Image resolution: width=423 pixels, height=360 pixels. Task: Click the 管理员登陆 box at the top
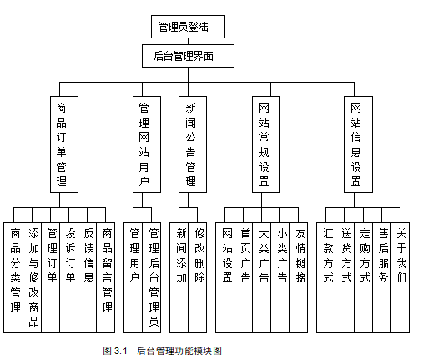pyautogui.click(x=188, y=27)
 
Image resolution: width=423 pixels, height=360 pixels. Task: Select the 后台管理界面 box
pyautogui.click(x=188, y=56)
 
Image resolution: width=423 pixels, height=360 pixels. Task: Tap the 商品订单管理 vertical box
pyautogui.click(x=64, y=145)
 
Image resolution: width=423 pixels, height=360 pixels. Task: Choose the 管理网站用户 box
pyautogui.click(x=147, y=145)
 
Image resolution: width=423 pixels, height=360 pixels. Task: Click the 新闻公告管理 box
pyautogui.click(x=193, y=145)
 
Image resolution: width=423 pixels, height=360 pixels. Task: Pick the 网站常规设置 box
pyautogui.click(x=266, y=145)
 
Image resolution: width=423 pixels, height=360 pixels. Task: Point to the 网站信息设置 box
pyautogui.click(x=358, y=145)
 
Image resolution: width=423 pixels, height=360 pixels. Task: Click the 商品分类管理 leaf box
pyautogui.click(x=13, y=277)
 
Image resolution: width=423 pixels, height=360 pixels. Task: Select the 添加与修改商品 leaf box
pyautogui.click(x=33, y=277)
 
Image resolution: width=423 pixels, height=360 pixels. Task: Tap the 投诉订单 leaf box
pyautogui.click(x=69, y=277)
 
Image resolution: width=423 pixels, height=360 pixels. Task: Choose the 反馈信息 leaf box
pyautogui.click(x=88, y=277)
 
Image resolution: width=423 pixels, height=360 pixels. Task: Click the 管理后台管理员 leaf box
pyautogui.click(x=152, y=277)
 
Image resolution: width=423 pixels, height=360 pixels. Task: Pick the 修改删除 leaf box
pyautogui.click(x=198, y=277)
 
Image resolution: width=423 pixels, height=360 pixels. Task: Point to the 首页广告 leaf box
pyautogui.click(x=244, y=277)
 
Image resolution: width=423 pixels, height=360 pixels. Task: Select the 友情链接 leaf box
pyautogui.click(x=299, y=277)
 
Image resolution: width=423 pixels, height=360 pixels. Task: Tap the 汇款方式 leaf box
pyautogui.click(x=326, y=277)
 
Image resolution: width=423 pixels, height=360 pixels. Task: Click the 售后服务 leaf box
pyautogui.click(x=382, y=277)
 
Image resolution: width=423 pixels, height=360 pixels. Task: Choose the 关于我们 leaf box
pyautogui.click(x=400, y=277)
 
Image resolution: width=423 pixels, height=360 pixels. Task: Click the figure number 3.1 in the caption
pyautogui.click(x=120, y=351)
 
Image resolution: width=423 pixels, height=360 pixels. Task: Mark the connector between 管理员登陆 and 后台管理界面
pyautogui.click(x=188, y=41)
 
